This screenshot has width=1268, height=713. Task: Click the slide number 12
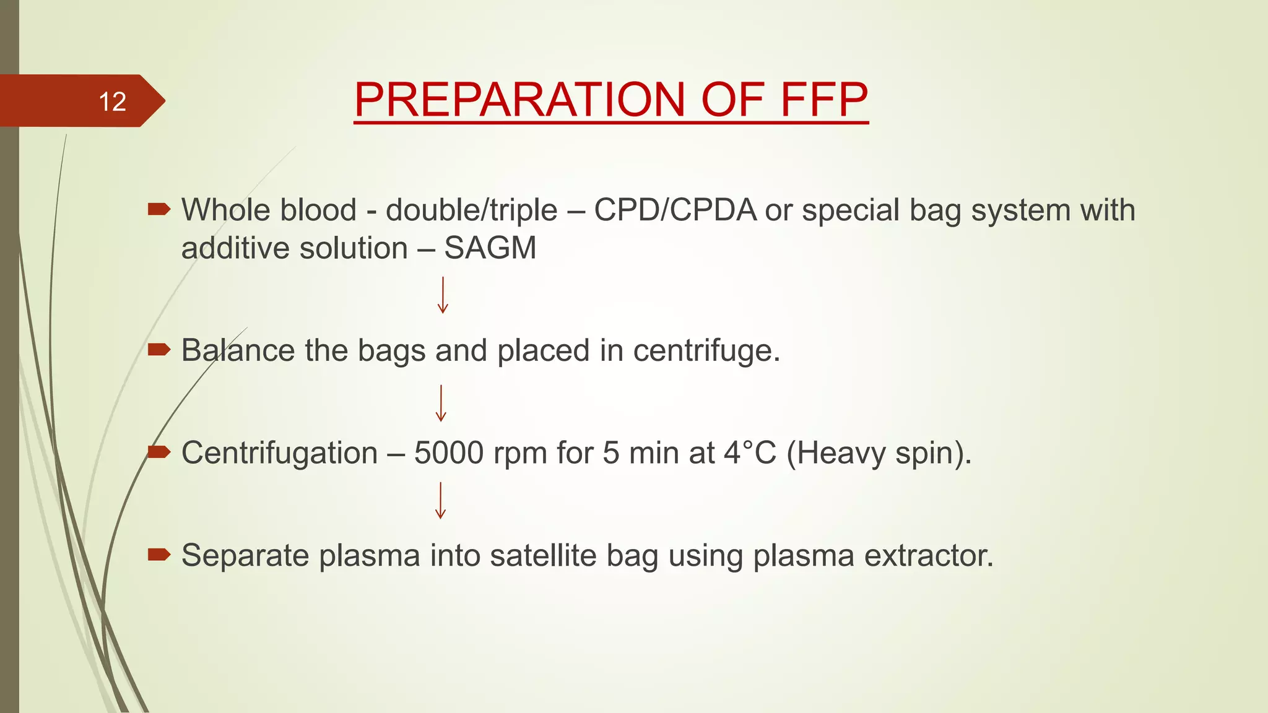pyautogui.click(x=112, y=102)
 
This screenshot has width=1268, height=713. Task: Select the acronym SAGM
pyautogui.click(x=490, y=249)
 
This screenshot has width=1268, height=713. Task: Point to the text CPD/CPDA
pyautogui.click(x=675, y=210)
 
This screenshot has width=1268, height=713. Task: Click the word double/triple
pyautogui.click(x=471, y=210)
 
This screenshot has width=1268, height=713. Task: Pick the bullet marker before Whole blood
pyautogui.click(x=158, y=209)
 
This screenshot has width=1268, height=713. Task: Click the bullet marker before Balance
pyautogui.click(x=158, y=350)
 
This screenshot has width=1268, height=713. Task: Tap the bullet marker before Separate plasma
pyautogui.click(x=158, y=555)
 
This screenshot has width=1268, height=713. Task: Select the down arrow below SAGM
pyautogui.click(x=443, y=295)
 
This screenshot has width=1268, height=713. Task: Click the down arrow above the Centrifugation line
pyautogui.click(x=441, y=404)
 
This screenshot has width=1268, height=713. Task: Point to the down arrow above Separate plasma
pyautogui.click(x=440, y=500)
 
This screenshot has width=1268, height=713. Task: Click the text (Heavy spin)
pyautogui.click(x=879, y=453)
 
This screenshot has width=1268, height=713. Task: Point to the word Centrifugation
pyautogui.click(x=279, y=453)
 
